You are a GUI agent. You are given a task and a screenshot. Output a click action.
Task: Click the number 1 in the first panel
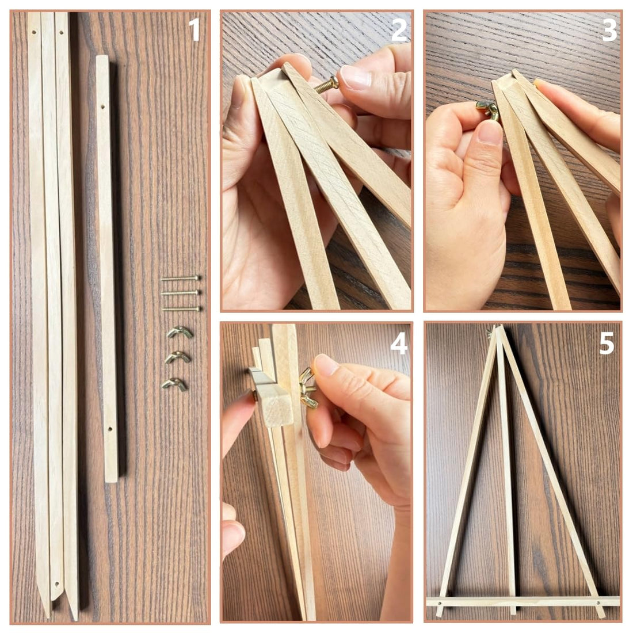(195, 29)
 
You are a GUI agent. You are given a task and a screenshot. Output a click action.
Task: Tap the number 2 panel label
(398, 29)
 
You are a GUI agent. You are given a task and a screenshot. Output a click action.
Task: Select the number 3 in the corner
(609, 29)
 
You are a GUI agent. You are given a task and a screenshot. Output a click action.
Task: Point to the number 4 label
(399, 344)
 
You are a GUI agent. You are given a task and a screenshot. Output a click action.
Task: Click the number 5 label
(607, 344)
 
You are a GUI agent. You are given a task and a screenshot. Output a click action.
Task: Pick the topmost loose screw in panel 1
(180, 278)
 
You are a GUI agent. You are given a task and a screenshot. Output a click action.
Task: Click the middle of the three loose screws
(180, 293)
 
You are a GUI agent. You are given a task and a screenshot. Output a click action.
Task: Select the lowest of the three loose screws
(181, 309)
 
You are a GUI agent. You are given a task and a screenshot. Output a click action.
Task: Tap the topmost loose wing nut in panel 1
(180, 332)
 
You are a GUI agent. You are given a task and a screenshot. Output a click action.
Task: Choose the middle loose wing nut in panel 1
(178, 357)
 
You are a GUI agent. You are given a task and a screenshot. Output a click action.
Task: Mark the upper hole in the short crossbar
(102, 108)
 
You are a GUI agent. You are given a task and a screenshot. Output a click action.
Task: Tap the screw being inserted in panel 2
(327, 86)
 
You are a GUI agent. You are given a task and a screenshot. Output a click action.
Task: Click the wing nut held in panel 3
(488, 110)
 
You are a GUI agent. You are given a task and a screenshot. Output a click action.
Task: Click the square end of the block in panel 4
(279, 410)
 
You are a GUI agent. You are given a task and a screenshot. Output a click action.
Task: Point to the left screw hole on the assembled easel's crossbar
(440, 604)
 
